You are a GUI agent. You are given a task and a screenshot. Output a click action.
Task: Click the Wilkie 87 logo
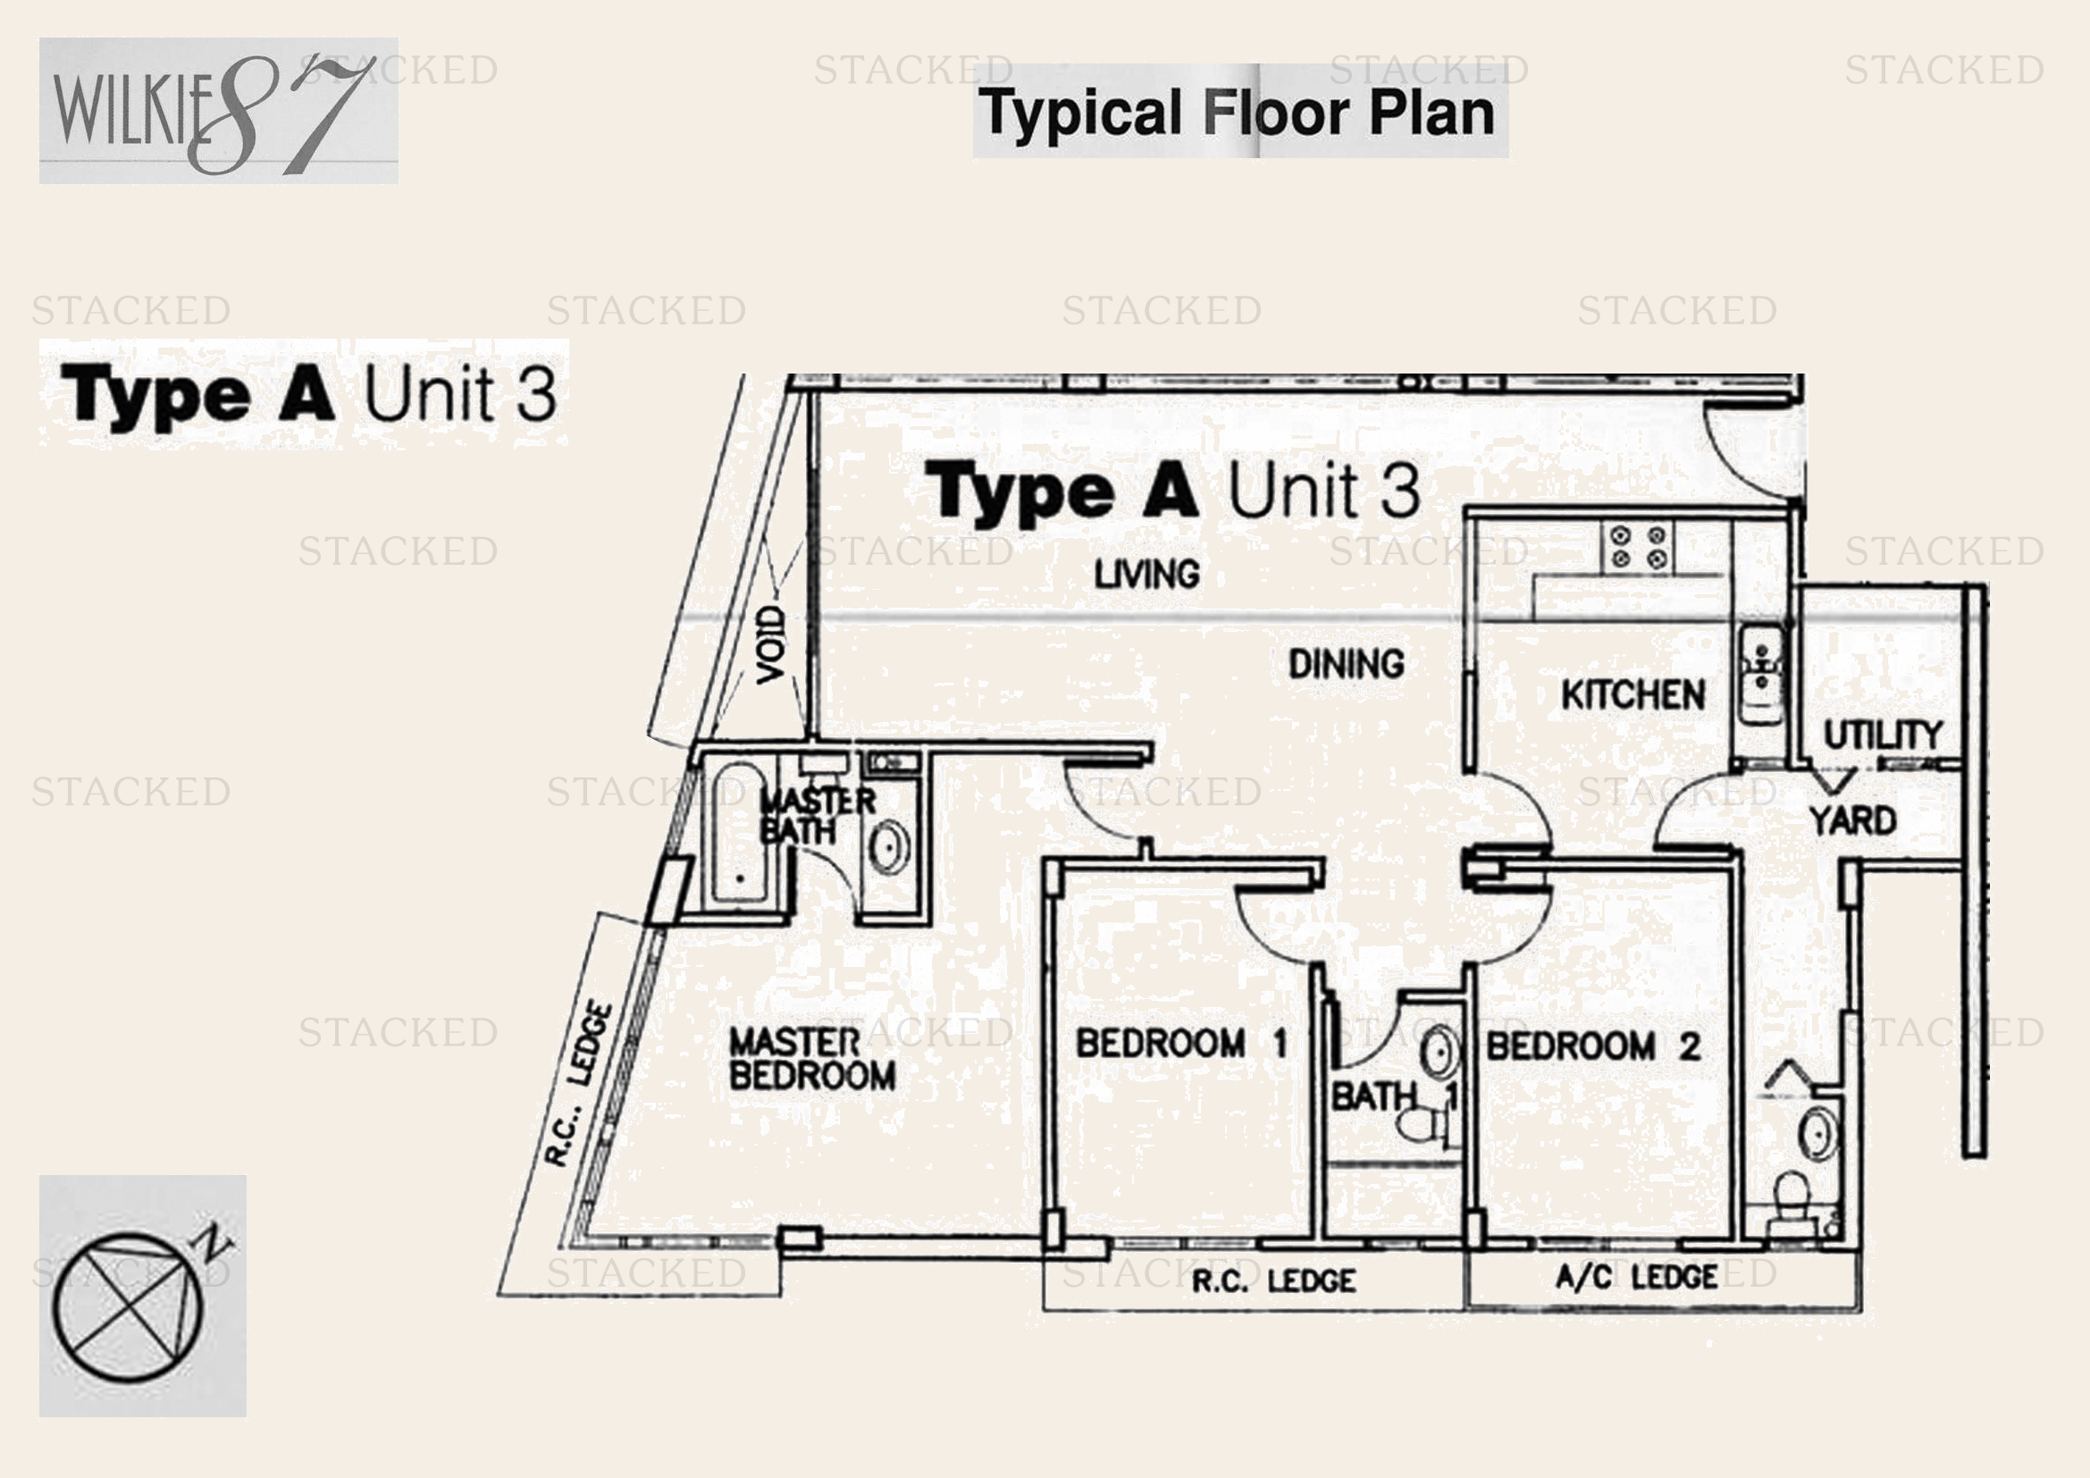(217, 110)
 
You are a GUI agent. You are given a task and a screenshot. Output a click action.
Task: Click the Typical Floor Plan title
(1237, 113)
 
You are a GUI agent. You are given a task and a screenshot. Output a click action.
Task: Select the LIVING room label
(1146, 575)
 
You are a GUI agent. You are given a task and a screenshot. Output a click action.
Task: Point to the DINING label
(1346, 664)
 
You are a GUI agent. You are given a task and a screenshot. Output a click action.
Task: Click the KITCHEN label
(1633, 695)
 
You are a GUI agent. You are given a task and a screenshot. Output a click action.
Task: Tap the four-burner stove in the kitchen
(1638, 547)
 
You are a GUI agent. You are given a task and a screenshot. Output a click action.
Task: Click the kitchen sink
(1761, 676)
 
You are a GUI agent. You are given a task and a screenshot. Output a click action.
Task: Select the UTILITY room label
(1883, 735)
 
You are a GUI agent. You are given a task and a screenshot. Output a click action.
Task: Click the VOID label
(771, 644)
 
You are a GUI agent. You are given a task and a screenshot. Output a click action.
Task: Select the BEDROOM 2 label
(1593, 1046)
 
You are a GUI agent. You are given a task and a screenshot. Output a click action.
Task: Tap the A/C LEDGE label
(1636, 1277)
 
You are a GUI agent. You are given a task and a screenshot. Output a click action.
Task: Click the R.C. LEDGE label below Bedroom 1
(1272, 1281)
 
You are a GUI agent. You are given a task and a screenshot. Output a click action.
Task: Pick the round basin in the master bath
(887, 847)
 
